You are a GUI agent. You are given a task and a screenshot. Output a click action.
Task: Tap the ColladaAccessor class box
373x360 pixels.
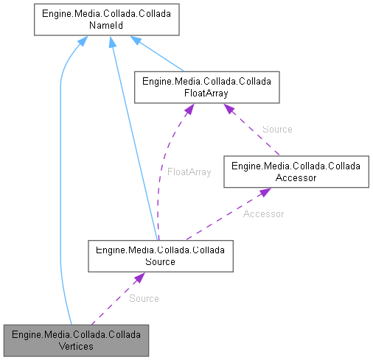[x=296, y=172]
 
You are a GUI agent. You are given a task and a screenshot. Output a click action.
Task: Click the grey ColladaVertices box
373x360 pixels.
[x=77, y=340]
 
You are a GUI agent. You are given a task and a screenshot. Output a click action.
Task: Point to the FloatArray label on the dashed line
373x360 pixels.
[x=189, y=172]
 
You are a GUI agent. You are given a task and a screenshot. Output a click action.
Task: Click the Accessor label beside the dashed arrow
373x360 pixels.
[x=263, y=214]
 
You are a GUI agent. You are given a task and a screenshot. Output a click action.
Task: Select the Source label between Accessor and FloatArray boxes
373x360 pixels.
[x=277, y=129]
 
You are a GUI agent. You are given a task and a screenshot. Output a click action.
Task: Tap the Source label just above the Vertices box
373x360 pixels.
[x=144, y=298]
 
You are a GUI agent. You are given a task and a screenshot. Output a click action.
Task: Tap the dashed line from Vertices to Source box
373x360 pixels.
[x=114, y=299]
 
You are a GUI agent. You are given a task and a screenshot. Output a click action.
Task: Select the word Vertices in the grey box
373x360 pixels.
[x=77, y=346]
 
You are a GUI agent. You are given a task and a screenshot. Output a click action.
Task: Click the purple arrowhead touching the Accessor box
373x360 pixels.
[x=265, y=193]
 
